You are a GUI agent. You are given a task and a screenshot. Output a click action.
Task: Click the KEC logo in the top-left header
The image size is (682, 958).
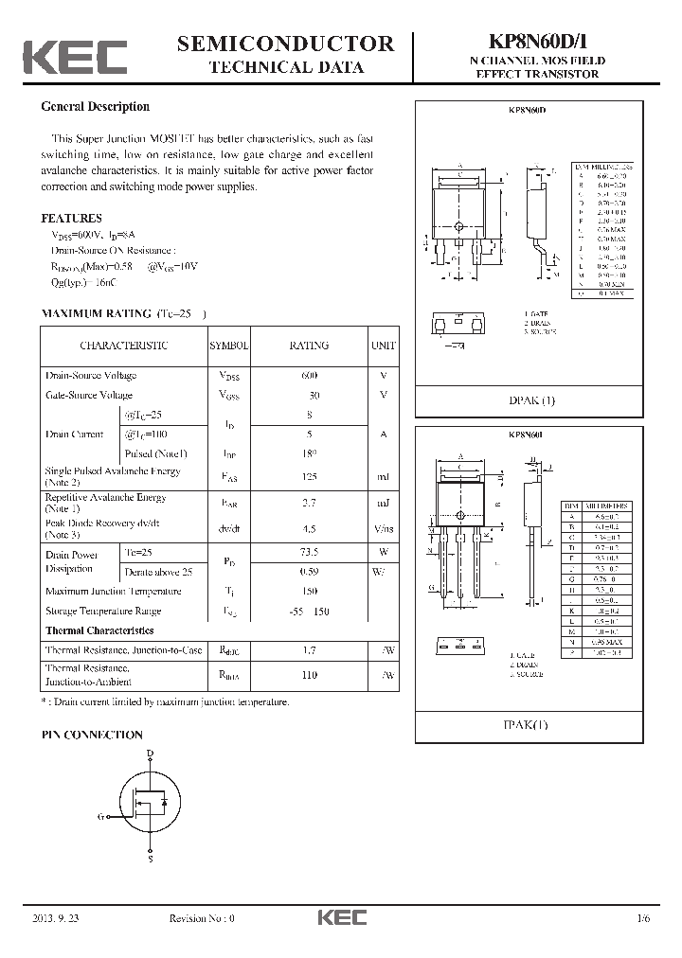[x=75, y=57]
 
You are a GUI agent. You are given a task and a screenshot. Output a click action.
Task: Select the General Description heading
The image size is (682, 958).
[x=95, y=107]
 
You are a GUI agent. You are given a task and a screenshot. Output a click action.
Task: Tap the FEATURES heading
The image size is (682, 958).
[x=71, y=218]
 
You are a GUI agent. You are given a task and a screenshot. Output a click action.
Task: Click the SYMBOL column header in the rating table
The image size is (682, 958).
[x=227, y=346]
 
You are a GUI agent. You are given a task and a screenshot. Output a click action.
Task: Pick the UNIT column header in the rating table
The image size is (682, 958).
[x=384, y=346]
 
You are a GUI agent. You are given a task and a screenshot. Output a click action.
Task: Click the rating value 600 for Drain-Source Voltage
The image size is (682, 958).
[x=309, y=376]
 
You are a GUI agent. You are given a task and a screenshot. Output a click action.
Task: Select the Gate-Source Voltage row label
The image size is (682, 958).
[x=89, y=395]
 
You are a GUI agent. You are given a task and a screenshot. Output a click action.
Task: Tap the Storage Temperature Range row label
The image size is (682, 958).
[x=103, y=612]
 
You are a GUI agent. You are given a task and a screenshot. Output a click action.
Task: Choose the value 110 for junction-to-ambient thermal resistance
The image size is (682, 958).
[x=309, y=675]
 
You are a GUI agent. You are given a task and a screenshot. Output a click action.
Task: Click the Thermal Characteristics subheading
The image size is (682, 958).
[x=99, y=630]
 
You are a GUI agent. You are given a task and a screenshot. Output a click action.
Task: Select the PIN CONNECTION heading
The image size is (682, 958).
[x=92, y=735]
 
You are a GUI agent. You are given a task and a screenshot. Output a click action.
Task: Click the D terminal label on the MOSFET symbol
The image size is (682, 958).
[x=150, y=754]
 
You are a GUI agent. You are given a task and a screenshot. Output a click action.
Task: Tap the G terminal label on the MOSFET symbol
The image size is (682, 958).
[x=100, y=815]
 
